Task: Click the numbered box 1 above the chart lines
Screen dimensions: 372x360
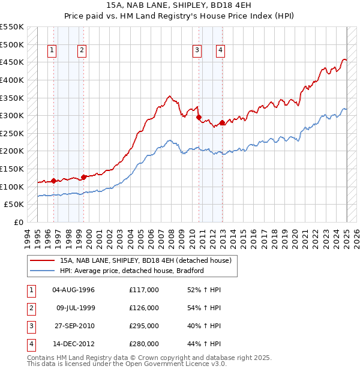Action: point(53,51)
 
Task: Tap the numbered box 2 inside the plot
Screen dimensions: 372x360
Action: point(81,51)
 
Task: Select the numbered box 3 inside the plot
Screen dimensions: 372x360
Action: point(196,51)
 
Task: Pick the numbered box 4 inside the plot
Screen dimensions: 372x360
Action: point(221,51)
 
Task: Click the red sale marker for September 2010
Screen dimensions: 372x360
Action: point(199,118)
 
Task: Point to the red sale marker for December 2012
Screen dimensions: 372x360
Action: point(223,123)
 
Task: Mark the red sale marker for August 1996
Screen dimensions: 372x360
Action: point(53,181)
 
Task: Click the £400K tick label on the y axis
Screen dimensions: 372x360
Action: point(13,80)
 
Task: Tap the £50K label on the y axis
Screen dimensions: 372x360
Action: point(15,205)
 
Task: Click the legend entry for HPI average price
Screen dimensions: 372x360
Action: point(132,271)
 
